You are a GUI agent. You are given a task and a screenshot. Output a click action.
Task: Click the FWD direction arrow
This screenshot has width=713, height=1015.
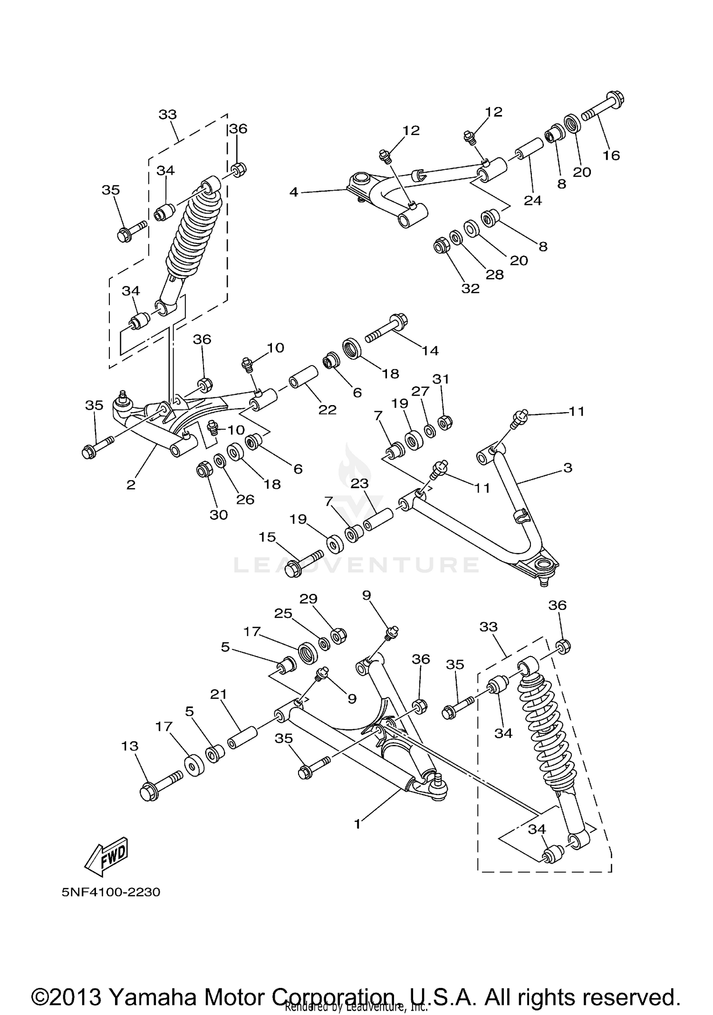coord(106,856)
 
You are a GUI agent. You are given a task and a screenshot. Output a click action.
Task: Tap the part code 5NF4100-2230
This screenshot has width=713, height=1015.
coord(111,892)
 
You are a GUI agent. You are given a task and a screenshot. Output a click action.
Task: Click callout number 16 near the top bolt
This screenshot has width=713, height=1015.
coord(611,155)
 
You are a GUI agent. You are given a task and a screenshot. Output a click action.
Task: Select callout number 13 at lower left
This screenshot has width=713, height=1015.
coord(129,746)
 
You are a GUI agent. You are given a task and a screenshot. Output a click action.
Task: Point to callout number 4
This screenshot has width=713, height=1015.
coord(294,192)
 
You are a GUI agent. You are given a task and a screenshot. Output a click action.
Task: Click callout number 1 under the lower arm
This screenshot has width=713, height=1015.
coord(357,824)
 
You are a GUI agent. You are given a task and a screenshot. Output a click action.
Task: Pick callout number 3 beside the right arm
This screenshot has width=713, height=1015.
coord(568,468)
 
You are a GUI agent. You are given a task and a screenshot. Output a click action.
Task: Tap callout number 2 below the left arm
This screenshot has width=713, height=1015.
coord(131,484)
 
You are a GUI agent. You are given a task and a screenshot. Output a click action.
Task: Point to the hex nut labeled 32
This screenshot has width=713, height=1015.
coord(443,246)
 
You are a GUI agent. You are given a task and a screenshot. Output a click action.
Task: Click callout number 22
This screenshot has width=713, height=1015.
coord(327,409)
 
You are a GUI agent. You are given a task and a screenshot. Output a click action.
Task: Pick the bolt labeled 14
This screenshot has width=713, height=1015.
coord(385,329)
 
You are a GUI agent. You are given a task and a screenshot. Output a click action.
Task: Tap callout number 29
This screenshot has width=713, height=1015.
coord(308,599)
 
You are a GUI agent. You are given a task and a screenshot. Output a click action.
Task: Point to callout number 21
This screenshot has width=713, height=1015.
coord(219,695)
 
